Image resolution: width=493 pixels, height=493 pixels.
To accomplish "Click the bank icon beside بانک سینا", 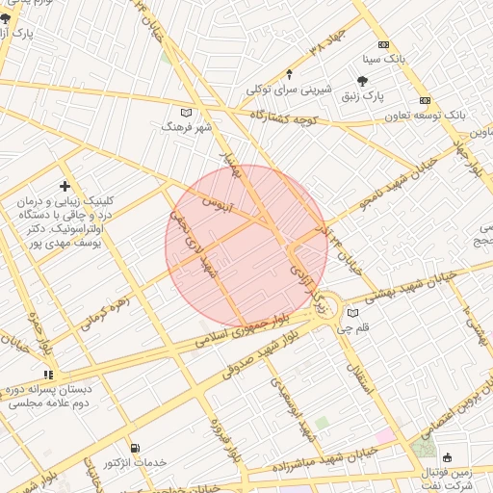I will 384,45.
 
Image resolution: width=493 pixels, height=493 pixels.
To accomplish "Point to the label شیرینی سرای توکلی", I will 289,90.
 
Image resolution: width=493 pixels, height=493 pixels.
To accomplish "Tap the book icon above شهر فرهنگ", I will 186,112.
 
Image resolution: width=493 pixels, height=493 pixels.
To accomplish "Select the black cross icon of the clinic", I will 65,185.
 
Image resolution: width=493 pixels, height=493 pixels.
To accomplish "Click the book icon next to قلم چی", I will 352,313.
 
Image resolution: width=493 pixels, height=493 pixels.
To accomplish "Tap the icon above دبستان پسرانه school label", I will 48,375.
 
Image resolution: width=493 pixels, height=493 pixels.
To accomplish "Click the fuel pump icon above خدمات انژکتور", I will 134,448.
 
